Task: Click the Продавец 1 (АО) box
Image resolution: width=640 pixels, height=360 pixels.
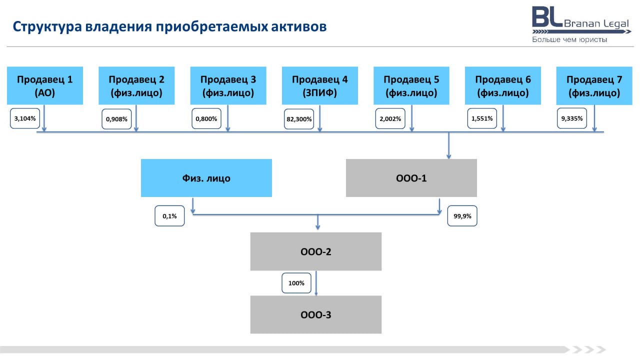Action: [45, 85]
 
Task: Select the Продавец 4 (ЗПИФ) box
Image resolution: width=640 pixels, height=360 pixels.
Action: [319, 85]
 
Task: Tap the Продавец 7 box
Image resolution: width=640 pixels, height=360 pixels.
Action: [594, 85]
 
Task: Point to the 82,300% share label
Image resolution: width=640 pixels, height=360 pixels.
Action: [299, 119]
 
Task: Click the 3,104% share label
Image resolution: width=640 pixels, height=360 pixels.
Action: [25, 118]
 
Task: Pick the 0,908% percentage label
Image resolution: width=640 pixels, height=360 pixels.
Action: [116, 119]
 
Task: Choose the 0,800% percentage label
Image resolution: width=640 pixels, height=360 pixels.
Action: [206, 118]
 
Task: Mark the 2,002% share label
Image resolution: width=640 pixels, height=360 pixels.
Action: [390, 118]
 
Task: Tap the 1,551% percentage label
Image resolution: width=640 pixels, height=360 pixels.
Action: [482, 118]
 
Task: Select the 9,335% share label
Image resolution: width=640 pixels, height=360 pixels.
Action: [571, 118]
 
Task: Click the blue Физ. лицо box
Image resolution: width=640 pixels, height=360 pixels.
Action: [206, 178]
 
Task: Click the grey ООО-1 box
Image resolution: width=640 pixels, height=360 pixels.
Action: [411, 178]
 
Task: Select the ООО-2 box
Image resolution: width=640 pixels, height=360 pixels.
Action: [315, 251]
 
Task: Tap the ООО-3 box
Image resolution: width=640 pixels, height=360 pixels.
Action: [315, 314]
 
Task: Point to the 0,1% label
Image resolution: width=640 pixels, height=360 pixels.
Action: [169, 216]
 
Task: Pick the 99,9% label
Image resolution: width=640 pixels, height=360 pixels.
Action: [462, 216]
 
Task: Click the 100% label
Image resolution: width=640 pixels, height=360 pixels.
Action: [296, 283]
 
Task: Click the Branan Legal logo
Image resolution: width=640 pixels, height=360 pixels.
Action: [581, 25]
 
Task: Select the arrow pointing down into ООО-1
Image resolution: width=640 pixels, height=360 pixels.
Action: [448, 145]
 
